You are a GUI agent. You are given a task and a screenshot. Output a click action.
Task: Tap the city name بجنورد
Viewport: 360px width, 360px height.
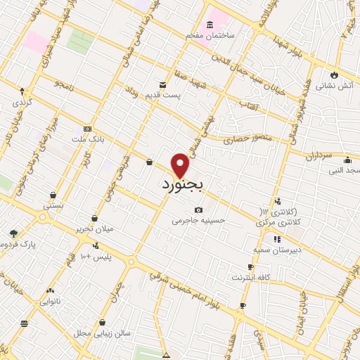pos(181,186)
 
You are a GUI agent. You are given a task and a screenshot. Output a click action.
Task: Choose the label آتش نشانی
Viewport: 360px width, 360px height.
pos(333,86)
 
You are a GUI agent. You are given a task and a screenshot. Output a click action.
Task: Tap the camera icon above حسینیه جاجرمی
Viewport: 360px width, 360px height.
pos(199,210)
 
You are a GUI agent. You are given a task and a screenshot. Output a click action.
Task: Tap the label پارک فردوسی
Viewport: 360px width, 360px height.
pos(18,244)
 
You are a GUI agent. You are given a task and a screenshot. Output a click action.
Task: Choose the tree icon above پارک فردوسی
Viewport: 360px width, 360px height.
pos(13,233)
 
